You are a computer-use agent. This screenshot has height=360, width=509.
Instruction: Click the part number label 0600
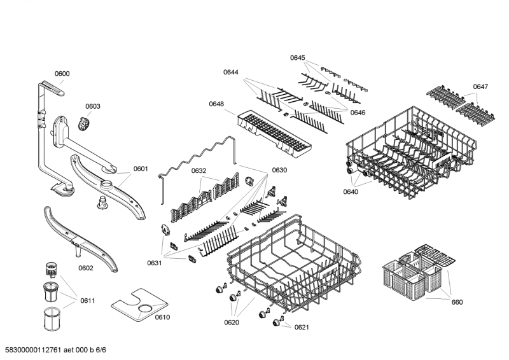pyautogui.click(x=62, y=74)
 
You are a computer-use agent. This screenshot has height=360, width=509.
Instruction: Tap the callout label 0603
pyautogui.click(x=93, y=106)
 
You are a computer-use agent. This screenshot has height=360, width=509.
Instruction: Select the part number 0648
pyautogui.click(x=216, y=104)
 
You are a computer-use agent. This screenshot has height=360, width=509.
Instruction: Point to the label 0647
pyautogui.click(x=480, y=87)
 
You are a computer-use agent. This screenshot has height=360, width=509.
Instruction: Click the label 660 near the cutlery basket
pyautogui.click(x=457, y=302)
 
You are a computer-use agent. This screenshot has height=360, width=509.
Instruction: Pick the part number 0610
pyautogui.click(x=163, y=317)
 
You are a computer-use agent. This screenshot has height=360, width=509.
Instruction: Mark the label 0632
pyautogui.click(x=199, y=170)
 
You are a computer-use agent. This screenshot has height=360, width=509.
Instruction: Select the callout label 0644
pyautogui.click(x=231, y=73)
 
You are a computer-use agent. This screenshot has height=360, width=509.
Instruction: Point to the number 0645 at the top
pyautogui.click(x=298, y=58)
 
